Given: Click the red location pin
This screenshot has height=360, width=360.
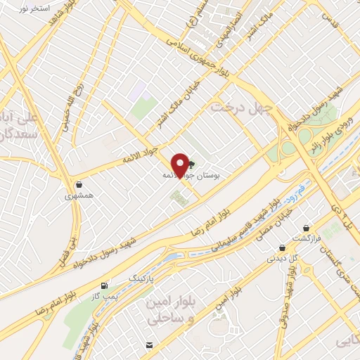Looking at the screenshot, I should (180, 164).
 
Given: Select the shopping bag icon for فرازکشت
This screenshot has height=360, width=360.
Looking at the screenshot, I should (307, 229).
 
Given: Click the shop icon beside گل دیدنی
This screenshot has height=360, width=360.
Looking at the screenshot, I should (282, 247).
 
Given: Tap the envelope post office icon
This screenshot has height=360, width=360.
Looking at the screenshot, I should (148, 345).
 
